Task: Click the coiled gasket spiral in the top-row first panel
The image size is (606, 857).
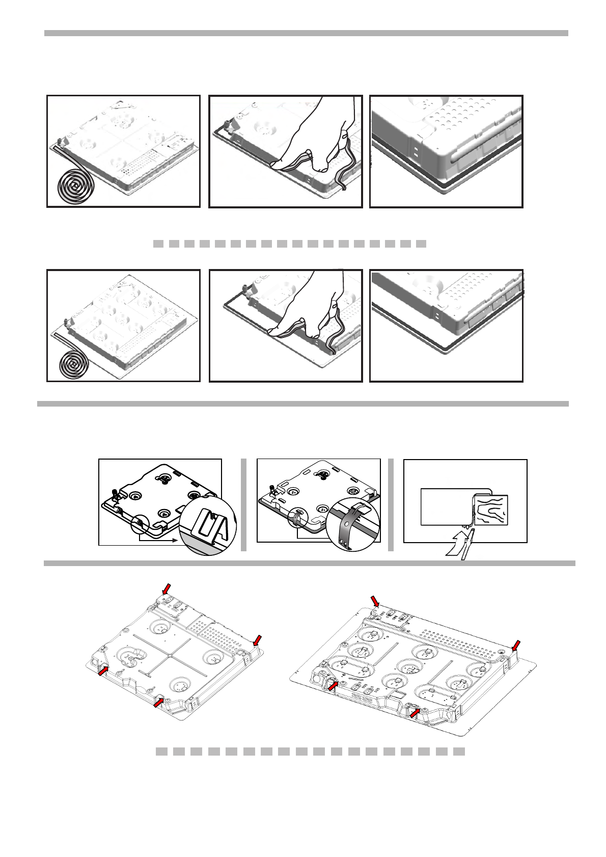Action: pos(74,182)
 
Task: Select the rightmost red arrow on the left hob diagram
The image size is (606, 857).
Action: pos(258,640)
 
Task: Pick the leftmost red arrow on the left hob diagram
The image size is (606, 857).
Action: pos(103,672)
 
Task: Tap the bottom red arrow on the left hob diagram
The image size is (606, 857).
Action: pos(159,703)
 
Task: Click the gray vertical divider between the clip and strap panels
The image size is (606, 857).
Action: pos(244,504)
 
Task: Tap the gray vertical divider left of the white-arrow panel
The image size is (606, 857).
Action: pos(391,504)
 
